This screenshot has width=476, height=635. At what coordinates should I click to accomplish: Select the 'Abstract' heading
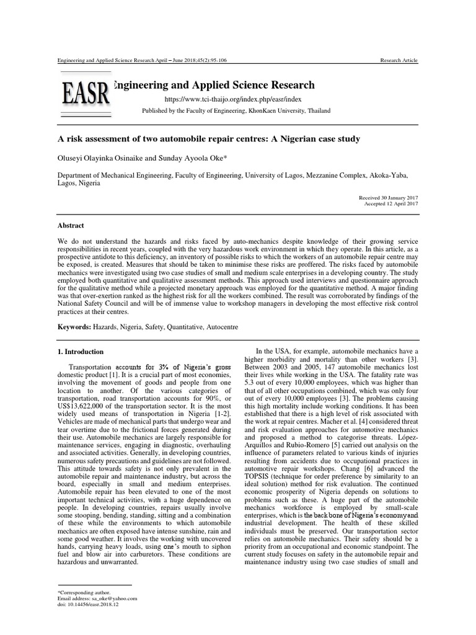click(71, 226)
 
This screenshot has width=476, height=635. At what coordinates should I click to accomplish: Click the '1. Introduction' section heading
click(79, 353)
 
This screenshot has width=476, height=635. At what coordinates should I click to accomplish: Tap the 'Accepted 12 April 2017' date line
click(391, 203)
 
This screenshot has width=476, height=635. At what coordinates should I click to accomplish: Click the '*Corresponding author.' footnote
click(84, 592)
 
